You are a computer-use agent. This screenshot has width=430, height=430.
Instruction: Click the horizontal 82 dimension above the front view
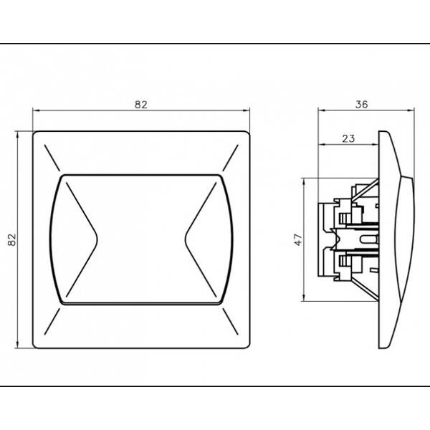[x=141, y=105]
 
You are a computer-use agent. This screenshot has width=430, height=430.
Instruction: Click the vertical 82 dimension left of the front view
[x=12, y=239]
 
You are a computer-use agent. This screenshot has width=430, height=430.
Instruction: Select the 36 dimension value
[x=361, y=105]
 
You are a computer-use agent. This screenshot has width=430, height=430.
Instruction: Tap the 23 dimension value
[x=348, y=139]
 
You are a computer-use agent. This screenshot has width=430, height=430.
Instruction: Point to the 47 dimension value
[x=299, y=239]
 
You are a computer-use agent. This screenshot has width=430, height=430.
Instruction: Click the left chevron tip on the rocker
[x=97, y=239]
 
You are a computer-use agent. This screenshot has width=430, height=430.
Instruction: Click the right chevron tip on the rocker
[x=186, y=239]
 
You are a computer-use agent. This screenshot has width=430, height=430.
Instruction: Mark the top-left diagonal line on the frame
[x=52, y=158]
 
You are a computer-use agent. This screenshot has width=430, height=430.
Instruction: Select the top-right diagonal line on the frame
[x=230, y=158]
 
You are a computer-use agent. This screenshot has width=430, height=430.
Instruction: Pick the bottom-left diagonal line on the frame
[x=52, y=321]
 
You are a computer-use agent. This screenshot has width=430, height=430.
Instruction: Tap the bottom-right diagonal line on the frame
[x=230, y=321]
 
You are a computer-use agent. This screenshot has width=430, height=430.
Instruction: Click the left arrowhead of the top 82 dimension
[x=37, y=110]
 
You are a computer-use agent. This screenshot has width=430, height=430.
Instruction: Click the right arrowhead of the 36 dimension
[x=411, y=110]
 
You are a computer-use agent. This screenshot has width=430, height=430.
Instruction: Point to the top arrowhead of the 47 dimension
[x=304, y=182]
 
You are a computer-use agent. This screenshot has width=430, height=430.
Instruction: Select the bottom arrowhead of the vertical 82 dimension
[x=17, y=345]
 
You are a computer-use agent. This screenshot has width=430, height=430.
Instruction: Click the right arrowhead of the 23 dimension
[x=375, y=145]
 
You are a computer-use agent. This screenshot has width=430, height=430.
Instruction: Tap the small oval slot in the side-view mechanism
[x=369, y=239]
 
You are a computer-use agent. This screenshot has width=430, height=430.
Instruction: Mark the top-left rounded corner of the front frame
[x=34, y=133]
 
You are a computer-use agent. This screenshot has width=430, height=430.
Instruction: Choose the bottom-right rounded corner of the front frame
[x=248, y=346]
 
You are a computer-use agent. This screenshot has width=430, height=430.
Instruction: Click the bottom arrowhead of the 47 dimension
[x=304, y=297]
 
